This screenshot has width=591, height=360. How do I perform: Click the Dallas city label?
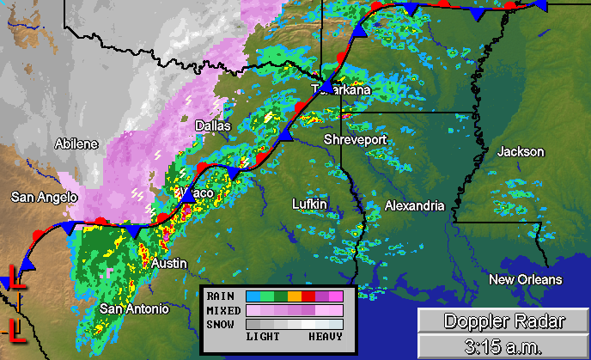(x=213, y=125)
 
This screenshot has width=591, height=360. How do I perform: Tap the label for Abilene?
(x=76, y=143)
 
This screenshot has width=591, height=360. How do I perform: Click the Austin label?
(x=168, y=263)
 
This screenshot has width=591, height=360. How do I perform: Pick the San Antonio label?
(x=135, y=308)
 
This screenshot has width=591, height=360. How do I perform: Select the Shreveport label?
(x=355, y=139)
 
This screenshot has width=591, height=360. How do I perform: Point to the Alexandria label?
(x=414, y=206)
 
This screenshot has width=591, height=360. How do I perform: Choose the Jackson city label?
(x=521, y=151)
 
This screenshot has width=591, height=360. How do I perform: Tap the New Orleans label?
(x=525, y=280)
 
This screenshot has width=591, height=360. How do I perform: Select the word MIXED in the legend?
(x=222, y=310)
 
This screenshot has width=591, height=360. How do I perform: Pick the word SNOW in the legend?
(x=220, y=324)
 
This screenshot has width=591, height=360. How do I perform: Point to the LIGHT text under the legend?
(x=263, y=338)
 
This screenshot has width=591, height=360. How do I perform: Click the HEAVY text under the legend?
(x=326, y=338)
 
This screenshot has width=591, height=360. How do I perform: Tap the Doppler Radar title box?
(x=503, y=321)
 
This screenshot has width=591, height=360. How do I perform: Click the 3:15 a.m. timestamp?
(x=503, y=347)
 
